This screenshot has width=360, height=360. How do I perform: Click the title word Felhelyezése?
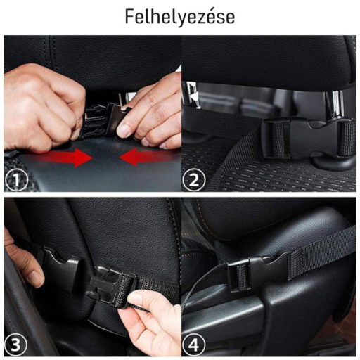[x=180, y=17]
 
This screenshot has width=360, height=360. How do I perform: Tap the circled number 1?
[x=16, y=180]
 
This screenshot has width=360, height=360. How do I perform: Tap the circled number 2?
[x=194, y=180]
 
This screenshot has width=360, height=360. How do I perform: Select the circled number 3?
[x=15, y=345]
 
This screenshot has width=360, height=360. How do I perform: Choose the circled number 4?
[x=194, y=345]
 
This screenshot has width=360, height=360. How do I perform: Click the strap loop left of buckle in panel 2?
[x=279, y=139]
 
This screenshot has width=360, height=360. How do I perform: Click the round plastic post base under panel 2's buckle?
[x=333, y=164]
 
